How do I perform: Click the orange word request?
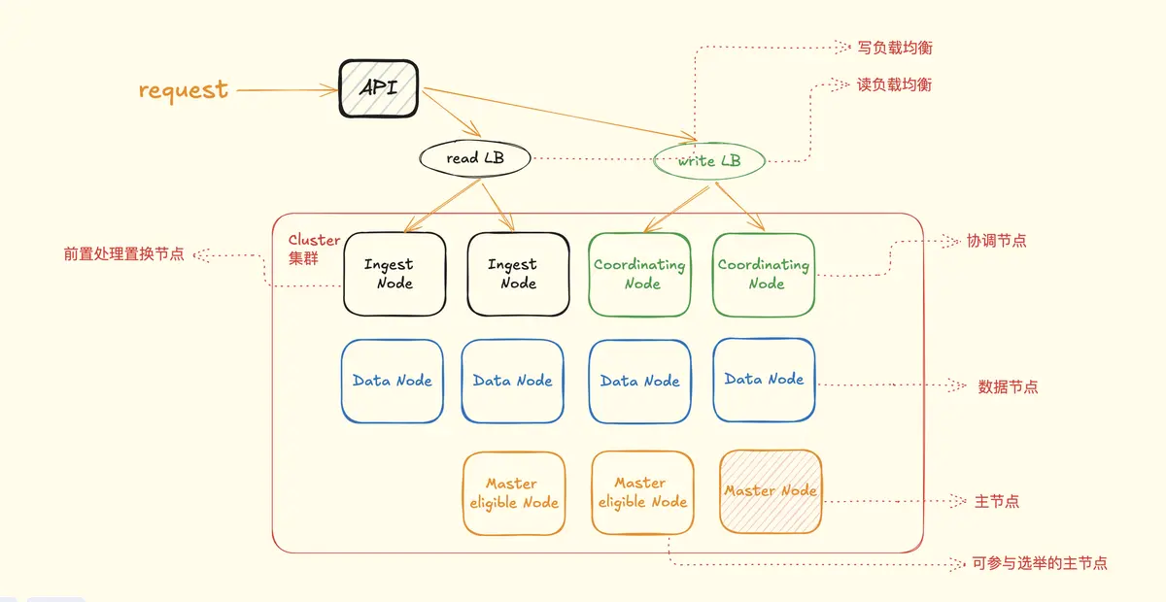coord(184,90)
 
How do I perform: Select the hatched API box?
coord(379,88)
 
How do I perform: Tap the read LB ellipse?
coord(475,157)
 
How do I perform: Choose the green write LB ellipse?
coord(709,160)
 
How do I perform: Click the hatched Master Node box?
coord(771,491)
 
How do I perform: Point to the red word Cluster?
coord(314,240)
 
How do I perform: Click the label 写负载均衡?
coord(895,48)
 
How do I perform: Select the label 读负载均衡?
coord(894,85)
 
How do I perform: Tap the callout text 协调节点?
coord(996,241)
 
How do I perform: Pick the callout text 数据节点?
coord(1008,386)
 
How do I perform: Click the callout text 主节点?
coord(997,502)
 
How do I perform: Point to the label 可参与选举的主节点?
coord(1039,563)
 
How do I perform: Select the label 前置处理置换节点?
coord(123,254)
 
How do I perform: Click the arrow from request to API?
coord(287,90)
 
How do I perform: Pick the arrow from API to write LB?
coord(554,115)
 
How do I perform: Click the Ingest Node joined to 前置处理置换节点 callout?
coord(394,274)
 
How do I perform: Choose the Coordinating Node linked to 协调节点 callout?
coord(764,274)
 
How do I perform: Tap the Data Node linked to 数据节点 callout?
coord(764,380)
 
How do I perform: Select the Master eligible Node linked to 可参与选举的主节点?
coord(641,492)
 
